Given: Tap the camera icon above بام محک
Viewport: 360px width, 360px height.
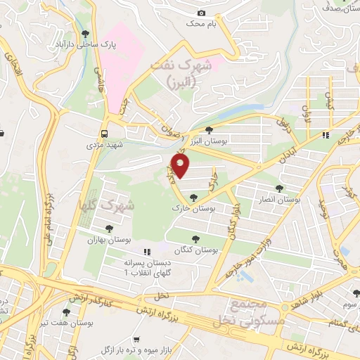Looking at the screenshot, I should (202, 13).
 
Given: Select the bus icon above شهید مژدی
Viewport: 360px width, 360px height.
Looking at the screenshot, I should (104, 133).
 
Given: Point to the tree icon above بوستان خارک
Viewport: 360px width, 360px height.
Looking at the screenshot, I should (193, 198).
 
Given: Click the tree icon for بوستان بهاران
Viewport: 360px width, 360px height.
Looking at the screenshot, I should (108, 228).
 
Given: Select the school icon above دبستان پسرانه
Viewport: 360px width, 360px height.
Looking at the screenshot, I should (146, 252).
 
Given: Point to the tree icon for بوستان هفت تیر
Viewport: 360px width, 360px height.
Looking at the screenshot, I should (66, 312).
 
